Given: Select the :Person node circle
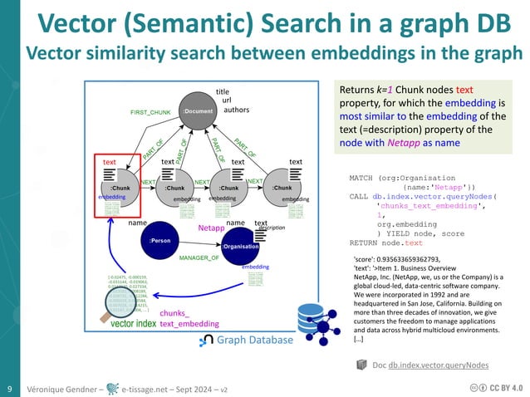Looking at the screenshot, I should click(159, 241).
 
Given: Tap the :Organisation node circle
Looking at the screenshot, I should click(240, 247).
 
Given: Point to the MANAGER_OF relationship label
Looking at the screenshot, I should click(199, 258).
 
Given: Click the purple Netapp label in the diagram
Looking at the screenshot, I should click(211, 226).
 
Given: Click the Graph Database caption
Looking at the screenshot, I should click(255, 340).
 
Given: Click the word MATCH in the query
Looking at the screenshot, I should click(366, 179).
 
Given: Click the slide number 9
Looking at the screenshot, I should click(9, 388).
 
